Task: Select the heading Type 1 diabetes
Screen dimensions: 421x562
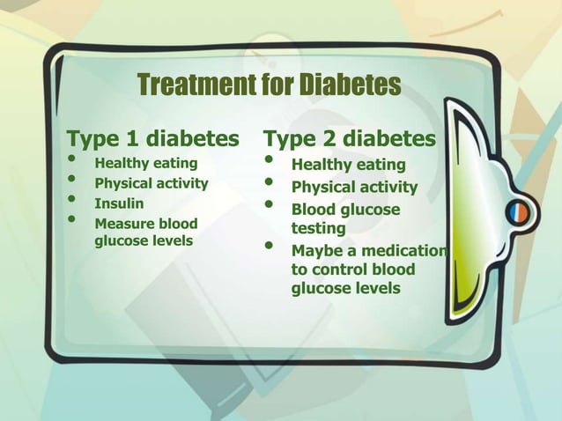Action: (x=153, y=139)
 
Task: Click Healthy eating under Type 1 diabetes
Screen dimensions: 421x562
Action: (x=146, y=163)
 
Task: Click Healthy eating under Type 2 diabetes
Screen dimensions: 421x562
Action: (x=348, y=165)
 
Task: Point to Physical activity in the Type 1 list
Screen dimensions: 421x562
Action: (x=151, y=184)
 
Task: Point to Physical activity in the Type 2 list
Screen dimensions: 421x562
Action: (x=354, y=188)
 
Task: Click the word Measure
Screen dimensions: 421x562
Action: (x=123, y=224)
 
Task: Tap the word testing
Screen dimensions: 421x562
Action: (x=318, y=229)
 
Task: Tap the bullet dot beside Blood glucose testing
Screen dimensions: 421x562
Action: (x=270, y=206)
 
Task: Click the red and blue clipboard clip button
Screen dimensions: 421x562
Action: (x=518, y=212)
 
